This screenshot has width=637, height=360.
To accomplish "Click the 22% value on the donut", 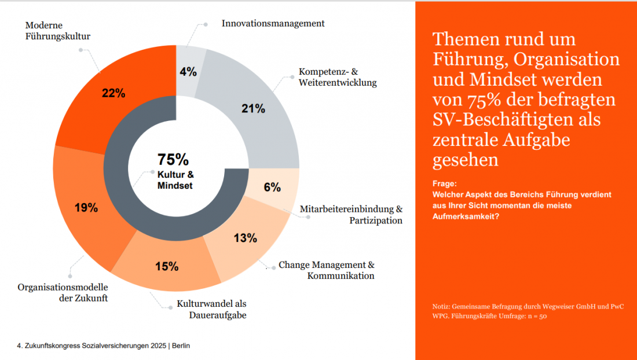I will pos(113,93).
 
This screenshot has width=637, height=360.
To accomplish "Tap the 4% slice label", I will pos(188,72).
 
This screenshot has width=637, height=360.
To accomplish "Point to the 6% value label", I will pos(272,187).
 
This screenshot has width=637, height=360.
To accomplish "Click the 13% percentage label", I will pos(245,238).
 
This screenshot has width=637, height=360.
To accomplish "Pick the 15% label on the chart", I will pos(166,266).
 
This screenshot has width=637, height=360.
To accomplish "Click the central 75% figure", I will pos(173,159).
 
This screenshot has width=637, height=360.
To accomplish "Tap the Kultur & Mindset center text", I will pos(175,180).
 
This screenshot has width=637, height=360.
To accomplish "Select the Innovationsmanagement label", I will pos(273,24).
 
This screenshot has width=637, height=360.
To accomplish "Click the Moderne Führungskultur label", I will pos(58,31).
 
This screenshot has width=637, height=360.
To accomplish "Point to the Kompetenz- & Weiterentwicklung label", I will pos(337,77).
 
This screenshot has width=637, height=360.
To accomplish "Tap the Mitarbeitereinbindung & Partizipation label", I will pos(351,214).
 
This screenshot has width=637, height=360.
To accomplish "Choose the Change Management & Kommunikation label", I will pos(327,270).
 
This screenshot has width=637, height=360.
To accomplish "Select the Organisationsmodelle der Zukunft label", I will pos(63,292).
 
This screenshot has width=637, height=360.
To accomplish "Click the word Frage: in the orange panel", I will pos(444,183).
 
